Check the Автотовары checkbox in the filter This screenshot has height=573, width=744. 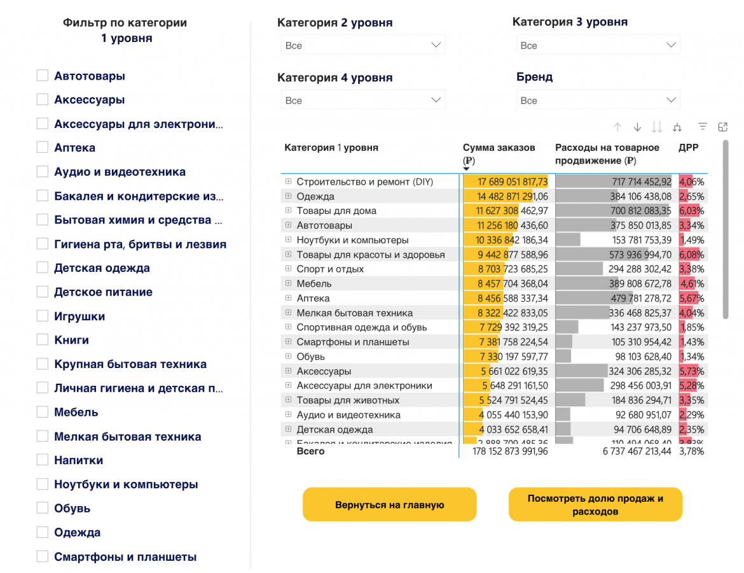click(43, 76)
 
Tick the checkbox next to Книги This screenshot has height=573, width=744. click(43, 340)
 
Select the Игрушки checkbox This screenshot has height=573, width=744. click(43, 316)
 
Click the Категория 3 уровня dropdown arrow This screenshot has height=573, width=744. click(671, 45)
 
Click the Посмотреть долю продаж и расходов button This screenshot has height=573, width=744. click(595, 505)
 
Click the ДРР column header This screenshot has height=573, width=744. click(688, 148)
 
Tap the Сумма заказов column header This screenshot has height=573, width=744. click(499, 148)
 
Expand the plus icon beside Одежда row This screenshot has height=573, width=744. click(288, 196)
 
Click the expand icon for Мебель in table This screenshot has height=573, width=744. click(288, 283)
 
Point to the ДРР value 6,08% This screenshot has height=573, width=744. click(692, 255)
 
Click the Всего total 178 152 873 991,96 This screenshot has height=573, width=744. click(510, 451)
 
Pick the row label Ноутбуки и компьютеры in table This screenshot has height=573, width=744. click(352, 240)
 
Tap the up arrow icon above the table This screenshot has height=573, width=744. click(617, 127)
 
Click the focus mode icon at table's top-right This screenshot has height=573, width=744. click(722, 127)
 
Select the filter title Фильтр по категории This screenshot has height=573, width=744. click(125, 23)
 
